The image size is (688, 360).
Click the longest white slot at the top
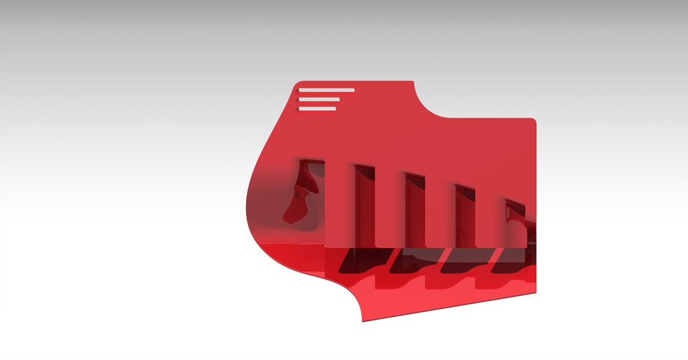pyautogui.click(x=326, y=90)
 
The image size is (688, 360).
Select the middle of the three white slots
pyautogui.click(x=319, y=99)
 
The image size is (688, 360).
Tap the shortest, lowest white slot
pyautogui.click(x=317, y=108)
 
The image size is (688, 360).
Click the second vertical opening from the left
pyautogui.click(x=363, y=208)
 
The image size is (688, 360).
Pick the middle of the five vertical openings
pyautogui.click(x=414, y=212)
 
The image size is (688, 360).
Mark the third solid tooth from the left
pyautogui.click(x=439, y=212)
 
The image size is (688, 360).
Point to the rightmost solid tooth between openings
pyautogui.click(x=490, y=215)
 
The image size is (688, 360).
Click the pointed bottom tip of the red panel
pyautogui.click(x=363, y=321)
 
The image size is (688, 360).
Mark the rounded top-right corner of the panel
pyautogui.click(x=533, y=121)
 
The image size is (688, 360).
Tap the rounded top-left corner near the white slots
pyautogui.click(x=297, y=85)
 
